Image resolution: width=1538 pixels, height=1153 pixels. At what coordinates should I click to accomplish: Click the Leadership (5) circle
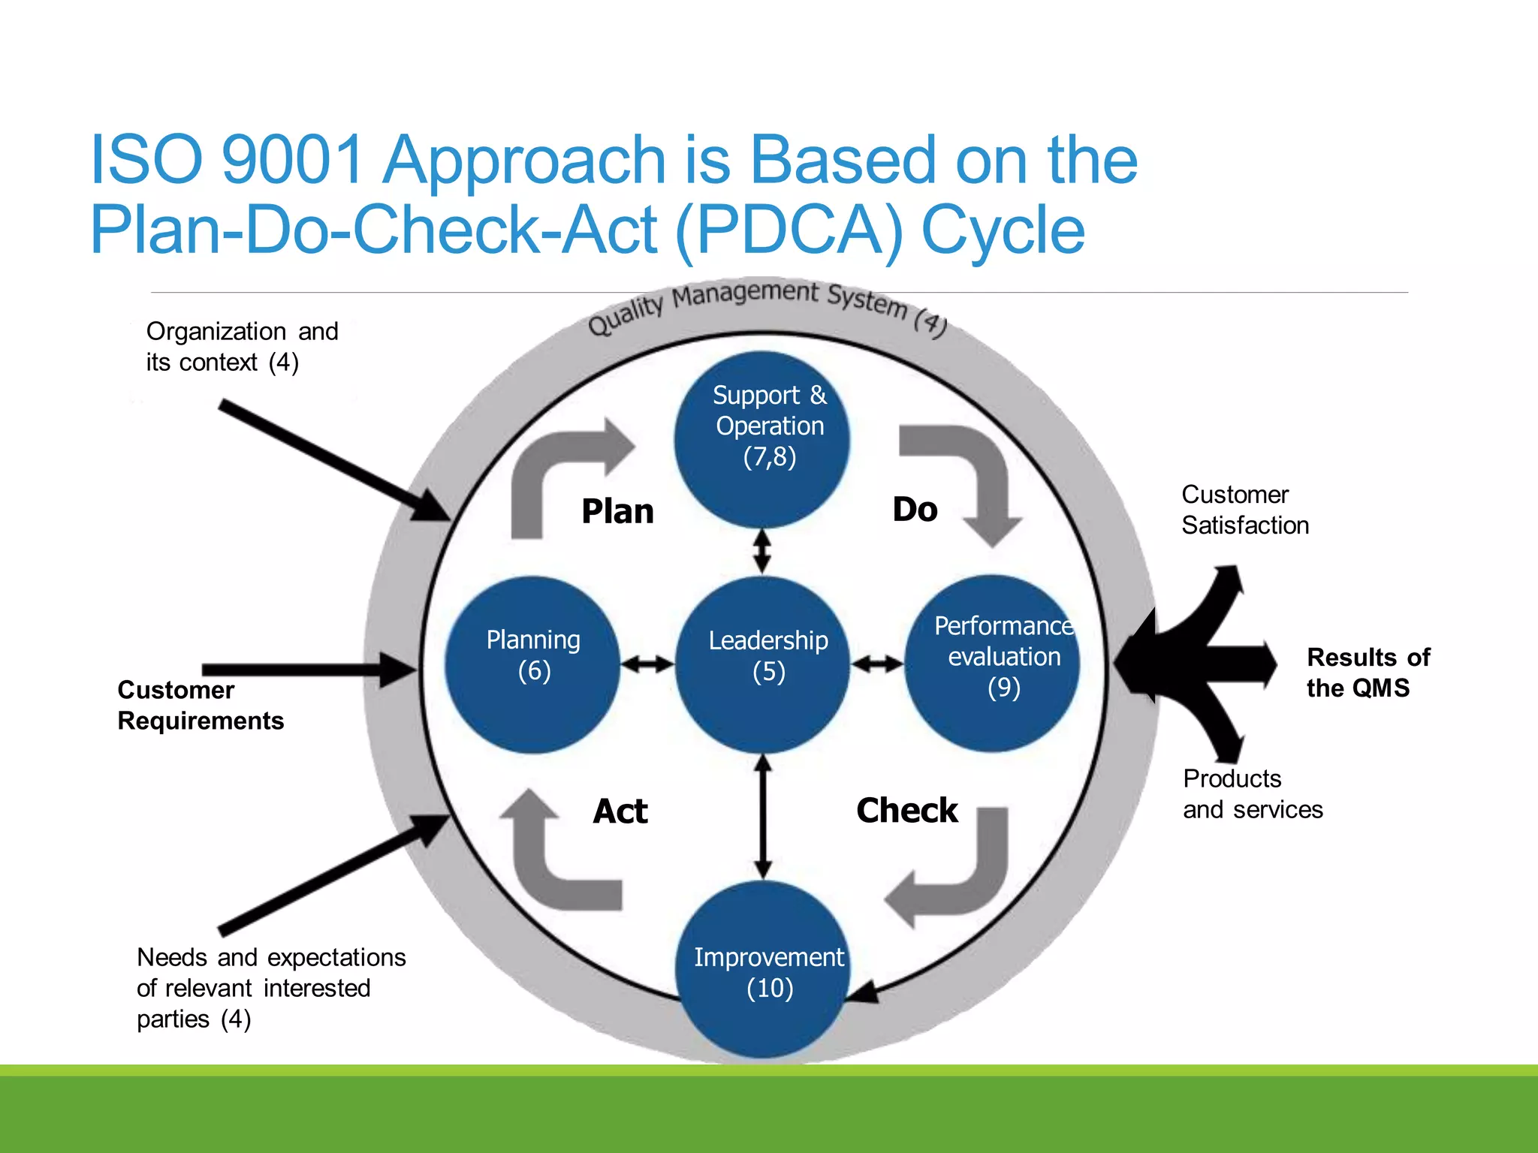764,664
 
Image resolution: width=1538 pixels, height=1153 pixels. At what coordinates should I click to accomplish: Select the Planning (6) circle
532,664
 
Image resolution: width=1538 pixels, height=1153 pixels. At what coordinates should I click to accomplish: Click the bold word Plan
617,512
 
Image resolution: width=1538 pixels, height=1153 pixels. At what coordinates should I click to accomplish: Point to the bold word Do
915,510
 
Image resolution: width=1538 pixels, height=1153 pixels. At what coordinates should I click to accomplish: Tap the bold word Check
907,811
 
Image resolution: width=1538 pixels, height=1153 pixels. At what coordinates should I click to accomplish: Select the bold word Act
620,811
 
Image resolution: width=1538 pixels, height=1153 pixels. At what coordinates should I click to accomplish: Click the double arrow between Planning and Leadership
647,664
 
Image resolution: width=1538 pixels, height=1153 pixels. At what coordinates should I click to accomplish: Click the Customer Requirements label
201,705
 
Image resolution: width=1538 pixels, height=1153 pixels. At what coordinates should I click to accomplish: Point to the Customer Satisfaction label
1244,510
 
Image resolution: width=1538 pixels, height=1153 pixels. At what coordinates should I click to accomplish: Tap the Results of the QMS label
1368,673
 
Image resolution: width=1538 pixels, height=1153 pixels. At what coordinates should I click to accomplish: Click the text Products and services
1252,794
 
